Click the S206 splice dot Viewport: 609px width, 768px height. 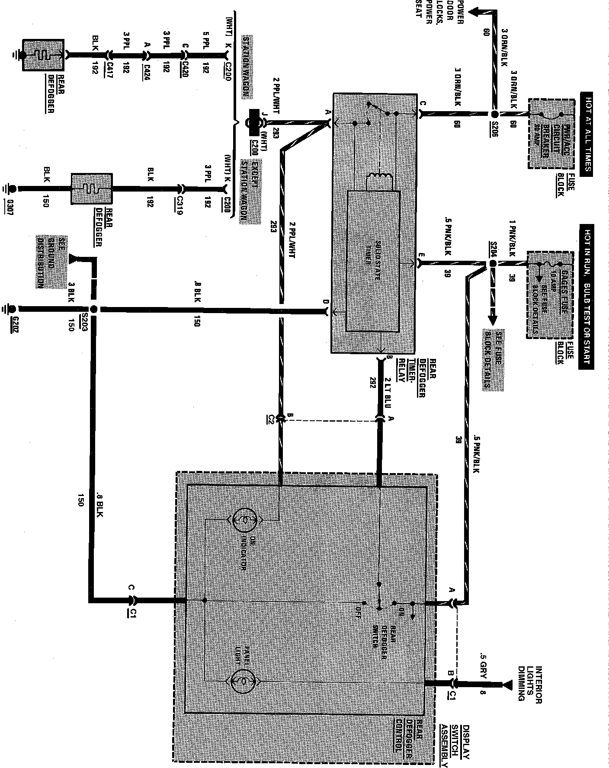(495, 115)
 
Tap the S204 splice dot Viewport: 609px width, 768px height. (492, 263)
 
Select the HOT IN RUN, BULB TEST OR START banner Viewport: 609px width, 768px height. (586, 296)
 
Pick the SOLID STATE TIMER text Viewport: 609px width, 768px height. (375, 262)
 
